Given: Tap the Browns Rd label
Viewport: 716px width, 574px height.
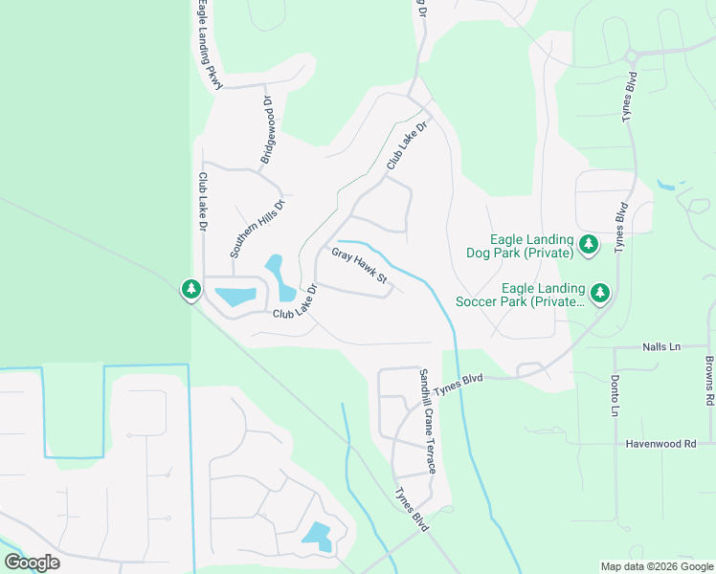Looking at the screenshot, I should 709,380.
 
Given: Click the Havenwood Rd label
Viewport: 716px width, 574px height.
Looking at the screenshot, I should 660,443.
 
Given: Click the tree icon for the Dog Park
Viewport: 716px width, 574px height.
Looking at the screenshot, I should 589,246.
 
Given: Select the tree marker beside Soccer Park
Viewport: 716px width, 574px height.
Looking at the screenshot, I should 600,293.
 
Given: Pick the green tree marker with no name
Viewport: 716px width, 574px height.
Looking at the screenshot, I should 190,289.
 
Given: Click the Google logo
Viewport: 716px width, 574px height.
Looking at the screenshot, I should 33,562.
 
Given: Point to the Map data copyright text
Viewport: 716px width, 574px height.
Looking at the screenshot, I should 657,566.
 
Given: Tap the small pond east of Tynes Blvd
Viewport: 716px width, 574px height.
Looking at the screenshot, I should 666,185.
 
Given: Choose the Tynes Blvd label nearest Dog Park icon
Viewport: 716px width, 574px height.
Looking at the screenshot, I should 621,226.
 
